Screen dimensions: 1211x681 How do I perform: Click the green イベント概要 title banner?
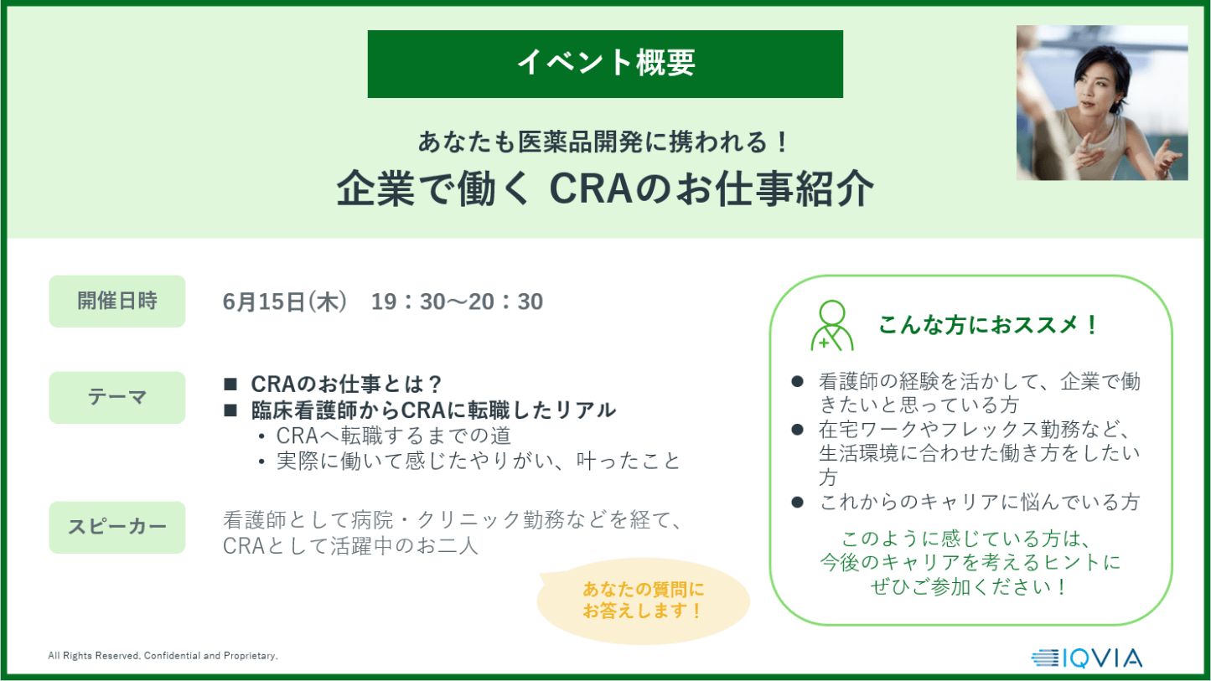[605, 64]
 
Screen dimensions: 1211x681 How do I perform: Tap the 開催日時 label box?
[117, 301]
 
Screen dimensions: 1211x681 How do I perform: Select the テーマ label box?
[117, 397]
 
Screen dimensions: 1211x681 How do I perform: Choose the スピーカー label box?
[117, 527]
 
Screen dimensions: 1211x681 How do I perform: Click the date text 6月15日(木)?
[284, 302]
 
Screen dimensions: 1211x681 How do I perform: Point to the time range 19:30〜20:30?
[457, 302]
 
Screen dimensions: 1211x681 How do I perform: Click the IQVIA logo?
[1087, 658]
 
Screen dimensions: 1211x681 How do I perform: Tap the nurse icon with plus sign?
[832, 325]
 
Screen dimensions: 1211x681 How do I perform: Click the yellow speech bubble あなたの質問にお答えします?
[644, 601]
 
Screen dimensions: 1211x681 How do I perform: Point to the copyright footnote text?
[163, 656]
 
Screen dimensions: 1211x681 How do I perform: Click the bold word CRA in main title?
[591, 189]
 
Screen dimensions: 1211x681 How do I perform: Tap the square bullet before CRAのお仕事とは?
[230, 384]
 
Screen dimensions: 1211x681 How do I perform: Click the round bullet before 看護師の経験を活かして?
[797, 382]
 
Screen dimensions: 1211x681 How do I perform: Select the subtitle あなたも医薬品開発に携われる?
[604, 142]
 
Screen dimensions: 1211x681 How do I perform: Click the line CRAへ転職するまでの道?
[394, 436]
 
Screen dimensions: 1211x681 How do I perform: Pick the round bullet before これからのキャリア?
[797, 502]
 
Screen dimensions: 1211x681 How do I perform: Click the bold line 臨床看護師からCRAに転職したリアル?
[433, 410]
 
